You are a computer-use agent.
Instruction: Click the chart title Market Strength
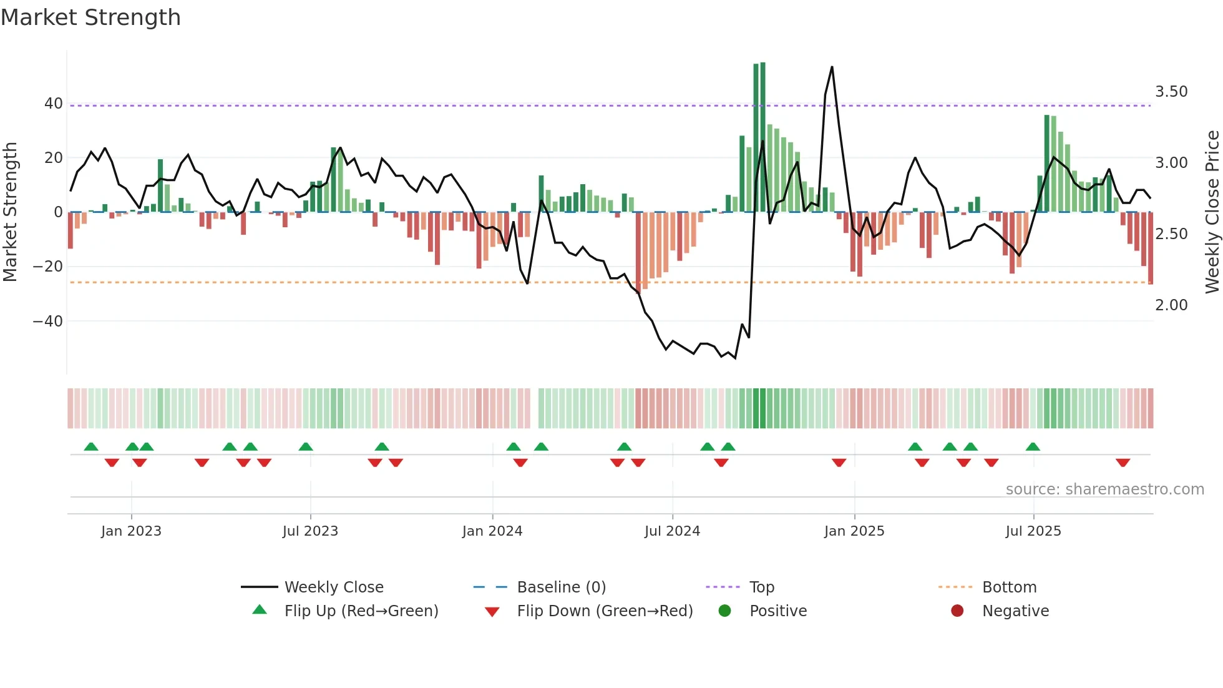click(90, 17)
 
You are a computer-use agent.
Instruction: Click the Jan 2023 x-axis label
click(131, 531)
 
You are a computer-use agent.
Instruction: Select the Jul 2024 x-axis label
click(672, 531)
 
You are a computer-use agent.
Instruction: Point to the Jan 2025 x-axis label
click(854, 531)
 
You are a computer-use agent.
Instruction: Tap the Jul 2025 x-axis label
click(1033, 531)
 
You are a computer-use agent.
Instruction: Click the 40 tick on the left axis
click(54, 104)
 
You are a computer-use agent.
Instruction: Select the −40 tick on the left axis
click(48, 322)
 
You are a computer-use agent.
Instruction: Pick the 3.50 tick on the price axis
click(1171, 92)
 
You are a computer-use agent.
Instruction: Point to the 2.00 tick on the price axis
click(1171, 305)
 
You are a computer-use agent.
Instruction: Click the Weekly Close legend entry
click(334, 587)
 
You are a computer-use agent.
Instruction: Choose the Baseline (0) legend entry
click(562, 587)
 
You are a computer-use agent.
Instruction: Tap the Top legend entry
click(762, 587)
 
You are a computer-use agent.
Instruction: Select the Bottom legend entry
click(1009, 587)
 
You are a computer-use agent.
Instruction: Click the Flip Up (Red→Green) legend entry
click(361, 611)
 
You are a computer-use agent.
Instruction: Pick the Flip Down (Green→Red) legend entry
click(605, 611)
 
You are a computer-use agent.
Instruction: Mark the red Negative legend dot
click(957, 611)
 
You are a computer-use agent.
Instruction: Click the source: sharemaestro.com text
click(1104, 489)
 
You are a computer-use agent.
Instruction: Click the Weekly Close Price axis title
click(1212, 212)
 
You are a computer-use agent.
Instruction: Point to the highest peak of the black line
click(832, 67)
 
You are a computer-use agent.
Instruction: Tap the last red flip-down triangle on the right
click(1123, 463)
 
